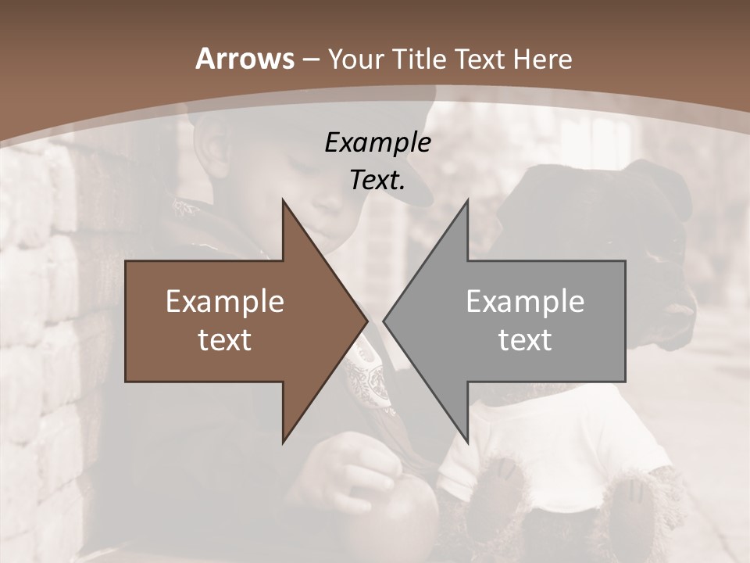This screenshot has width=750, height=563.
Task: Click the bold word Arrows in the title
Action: (x=245, y=59)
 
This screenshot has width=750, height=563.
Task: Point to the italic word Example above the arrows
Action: (x=377, y=143)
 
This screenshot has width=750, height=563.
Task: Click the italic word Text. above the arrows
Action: (x=377, y=180)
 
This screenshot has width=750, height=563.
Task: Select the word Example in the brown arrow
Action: (x=225, y=301)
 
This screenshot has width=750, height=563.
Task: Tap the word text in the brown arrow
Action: (x=225, y=339)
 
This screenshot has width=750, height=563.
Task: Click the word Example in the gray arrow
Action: (x=525, y=301)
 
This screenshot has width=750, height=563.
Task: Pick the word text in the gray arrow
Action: (x=525, y=339)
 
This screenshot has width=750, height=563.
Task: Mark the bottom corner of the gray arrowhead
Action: (x=467, y=441)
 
